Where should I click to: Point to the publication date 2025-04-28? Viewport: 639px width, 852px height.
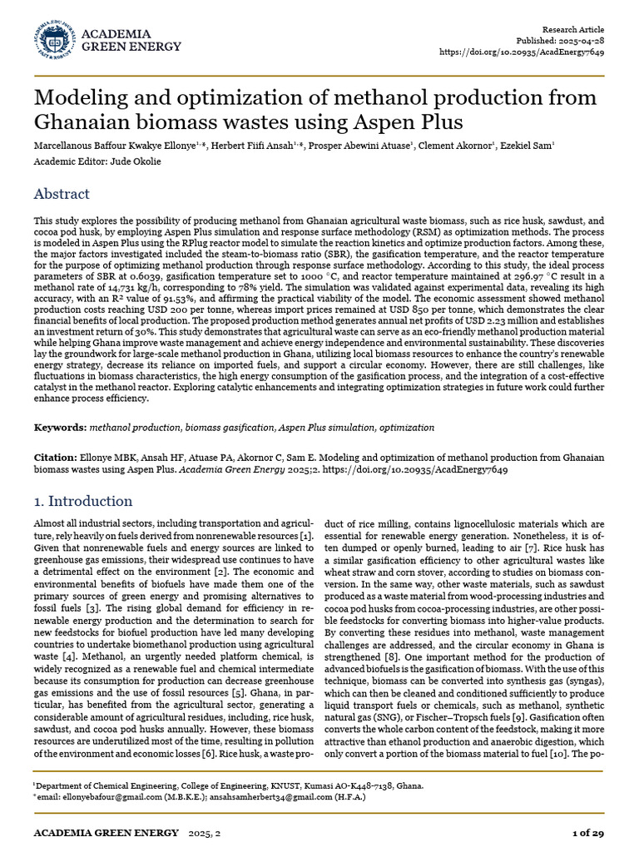click(580, 40)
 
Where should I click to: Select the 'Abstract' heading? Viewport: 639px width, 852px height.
click(62, 194)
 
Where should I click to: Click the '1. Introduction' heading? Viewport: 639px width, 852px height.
click(82, 501)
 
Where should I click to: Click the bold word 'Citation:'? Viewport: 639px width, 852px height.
click(55, 458)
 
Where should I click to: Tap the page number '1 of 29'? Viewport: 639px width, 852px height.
click(588, 833)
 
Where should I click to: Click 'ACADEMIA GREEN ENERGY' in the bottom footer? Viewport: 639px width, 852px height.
click(106, 833)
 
